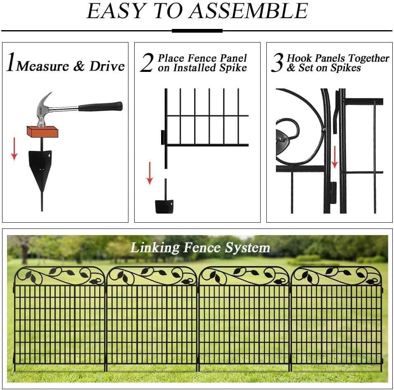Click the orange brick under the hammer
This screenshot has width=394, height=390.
point(42,132)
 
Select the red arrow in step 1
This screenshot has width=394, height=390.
point(14,149)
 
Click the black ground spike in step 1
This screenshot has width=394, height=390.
point(40,169)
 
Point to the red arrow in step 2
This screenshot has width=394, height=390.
point(150,173)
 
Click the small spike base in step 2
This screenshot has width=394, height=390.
point(164,206)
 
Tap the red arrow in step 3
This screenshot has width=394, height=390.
point(335,157)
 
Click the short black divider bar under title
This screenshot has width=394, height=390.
point(197,31)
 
